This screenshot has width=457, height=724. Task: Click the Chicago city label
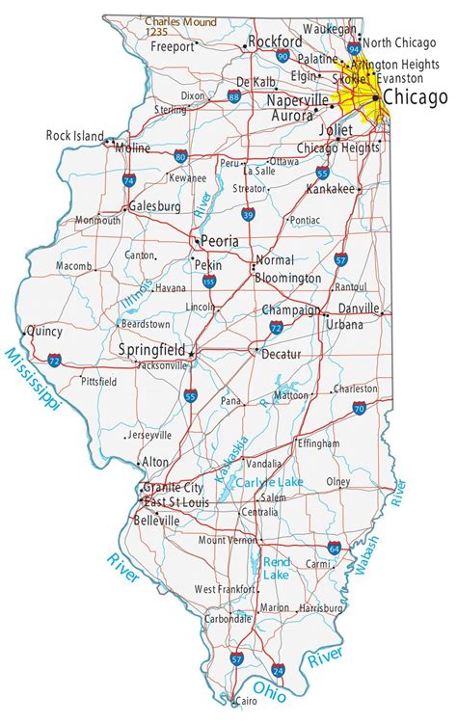coord(415,97)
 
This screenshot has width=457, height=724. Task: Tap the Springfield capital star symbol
coord(191,354)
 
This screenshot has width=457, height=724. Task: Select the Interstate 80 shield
coord(181,154)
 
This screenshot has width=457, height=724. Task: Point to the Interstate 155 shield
coord(209,282)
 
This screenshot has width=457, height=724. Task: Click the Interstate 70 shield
coord(360,409)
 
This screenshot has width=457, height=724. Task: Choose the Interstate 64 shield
coord(334,548)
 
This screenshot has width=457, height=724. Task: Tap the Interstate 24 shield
coord(279,668)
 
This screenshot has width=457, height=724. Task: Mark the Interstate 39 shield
coord(248,214)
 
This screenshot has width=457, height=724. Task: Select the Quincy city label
coord(44,330)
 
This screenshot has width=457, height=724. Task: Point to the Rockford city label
coord(269,41)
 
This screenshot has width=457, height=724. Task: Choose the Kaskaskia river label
coord(232,459)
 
